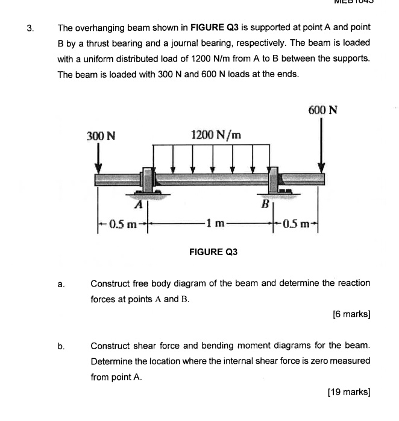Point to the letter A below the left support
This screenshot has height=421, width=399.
click(137, 205)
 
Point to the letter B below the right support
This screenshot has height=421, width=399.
click(264, 205)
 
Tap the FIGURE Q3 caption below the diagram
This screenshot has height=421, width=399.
click(213, 252)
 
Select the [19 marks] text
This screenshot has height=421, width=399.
click(348, 391)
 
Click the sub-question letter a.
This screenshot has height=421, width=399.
click(61, 283)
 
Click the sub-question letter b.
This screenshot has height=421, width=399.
click(61, 346)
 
